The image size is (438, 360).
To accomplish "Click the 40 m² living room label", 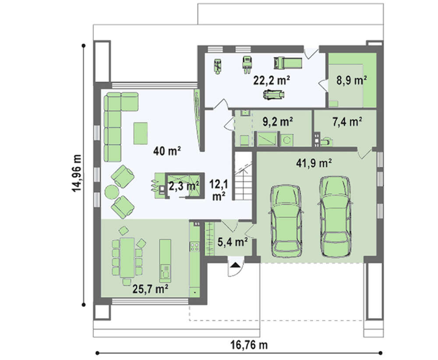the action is click(x=167, y=151).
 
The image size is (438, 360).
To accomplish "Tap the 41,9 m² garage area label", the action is click(x=314, y=162).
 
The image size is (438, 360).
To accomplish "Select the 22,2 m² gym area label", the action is click(x=271, y=81).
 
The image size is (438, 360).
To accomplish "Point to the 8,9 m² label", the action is click(x=351, y=81).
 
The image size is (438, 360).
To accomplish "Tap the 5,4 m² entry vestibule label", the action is click(x=233, y=242).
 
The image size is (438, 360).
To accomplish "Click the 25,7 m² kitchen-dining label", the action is click(x=150, y=289).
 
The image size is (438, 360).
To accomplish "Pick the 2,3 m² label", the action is click(x=184, y=186).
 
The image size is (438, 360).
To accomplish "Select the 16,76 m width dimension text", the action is click(x=249, y=345).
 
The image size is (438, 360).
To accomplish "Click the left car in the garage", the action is click(x=286, y=221).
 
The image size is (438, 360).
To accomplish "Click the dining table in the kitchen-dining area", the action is click(x=127, y=258).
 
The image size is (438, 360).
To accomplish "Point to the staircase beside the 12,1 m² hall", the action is click(x=243, y=176).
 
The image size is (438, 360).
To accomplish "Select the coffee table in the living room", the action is click(x=141, y=133).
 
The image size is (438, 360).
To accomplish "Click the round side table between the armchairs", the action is click(x=111, y=192).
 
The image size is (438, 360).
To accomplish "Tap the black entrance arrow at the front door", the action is click(x=235, y=265).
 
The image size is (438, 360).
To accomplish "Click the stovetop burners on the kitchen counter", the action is click(x=194, y=246).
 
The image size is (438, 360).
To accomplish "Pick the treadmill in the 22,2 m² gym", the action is click(x=288, y=63).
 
